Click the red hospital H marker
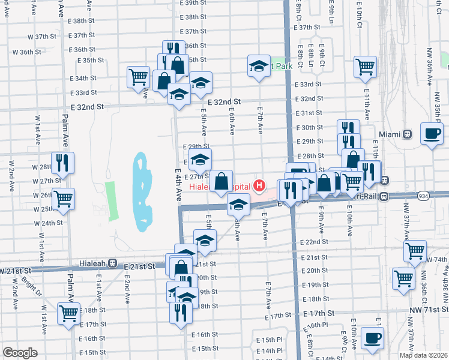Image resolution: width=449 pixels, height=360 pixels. pos(259,186)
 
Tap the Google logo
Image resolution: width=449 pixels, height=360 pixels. pos(19,353)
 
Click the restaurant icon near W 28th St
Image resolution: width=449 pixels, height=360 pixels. pos(62,163)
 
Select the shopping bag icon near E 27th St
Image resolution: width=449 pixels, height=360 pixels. pos(221,180)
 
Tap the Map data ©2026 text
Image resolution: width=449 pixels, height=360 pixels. pos(423,355)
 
